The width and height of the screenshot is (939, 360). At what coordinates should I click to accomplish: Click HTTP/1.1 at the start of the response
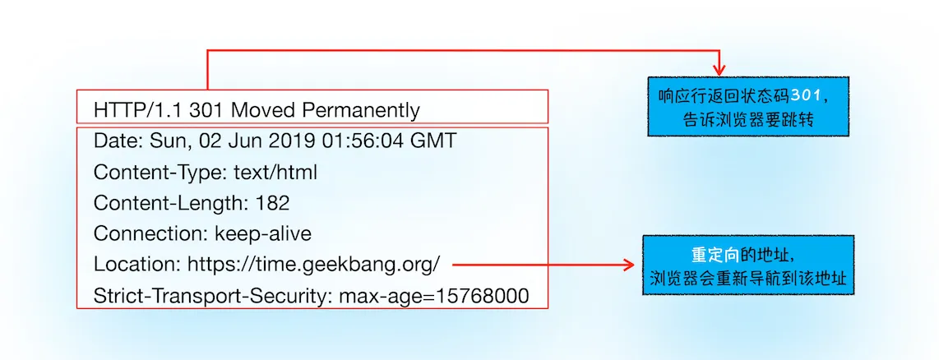click(139, 110)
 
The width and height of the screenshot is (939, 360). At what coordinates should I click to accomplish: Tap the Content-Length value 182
click(272, 203)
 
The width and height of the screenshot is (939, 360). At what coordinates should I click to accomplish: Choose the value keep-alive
click(263, 233)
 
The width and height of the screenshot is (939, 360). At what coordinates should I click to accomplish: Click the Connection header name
click(151, 233)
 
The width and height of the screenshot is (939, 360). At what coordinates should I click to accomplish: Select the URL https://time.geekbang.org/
click(314, 265)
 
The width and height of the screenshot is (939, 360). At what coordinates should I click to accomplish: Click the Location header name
click(138, 264)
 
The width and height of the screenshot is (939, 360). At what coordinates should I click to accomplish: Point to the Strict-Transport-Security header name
click(213, 295)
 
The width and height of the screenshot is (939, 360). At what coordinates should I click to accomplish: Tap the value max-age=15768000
click(433, 295)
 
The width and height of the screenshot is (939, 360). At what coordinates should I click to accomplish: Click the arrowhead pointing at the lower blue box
click(629, 264)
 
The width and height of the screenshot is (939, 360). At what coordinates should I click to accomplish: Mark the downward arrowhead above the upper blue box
click(719, 70)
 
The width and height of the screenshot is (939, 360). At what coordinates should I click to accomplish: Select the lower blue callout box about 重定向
click(748, 265)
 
